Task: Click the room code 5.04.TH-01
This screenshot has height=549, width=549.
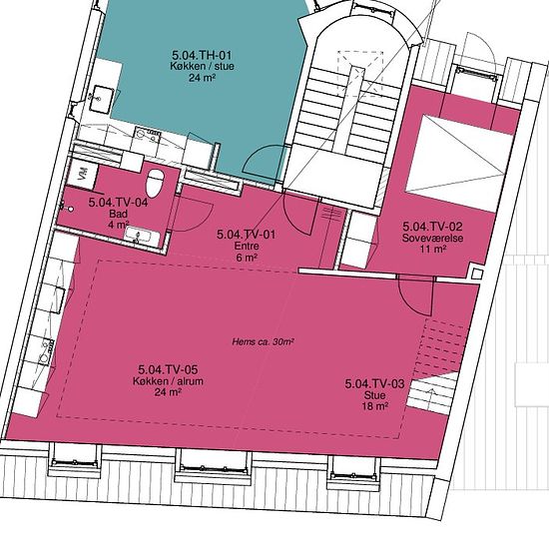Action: pos(202,55)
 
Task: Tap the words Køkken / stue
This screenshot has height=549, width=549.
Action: pos(202,66)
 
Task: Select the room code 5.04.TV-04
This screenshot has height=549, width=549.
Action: pos(118,203)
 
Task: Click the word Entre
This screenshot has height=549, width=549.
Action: pos(247,246)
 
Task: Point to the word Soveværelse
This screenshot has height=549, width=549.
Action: pos(433,239)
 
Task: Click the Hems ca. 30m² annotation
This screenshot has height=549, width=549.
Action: pos(263,341)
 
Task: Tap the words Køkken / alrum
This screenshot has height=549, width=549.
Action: pos(168,381)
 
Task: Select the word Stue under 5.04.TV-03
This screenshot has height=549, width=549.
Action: pos(375,395)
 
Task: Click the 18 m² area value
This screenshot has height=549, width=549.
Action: pos(375,406)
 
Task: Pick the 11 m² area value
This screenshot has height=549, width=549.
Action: pos(433,250)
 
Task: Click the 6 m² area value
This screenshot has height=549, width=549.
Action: pos(247,258)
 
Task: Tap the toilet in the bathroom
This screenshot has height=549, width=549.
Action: pos(155,183)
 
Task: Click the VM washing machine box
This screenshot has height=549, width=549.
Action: pos(83,173)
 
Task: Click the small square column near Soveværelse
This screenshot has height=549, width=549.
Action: pos(476,274)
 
